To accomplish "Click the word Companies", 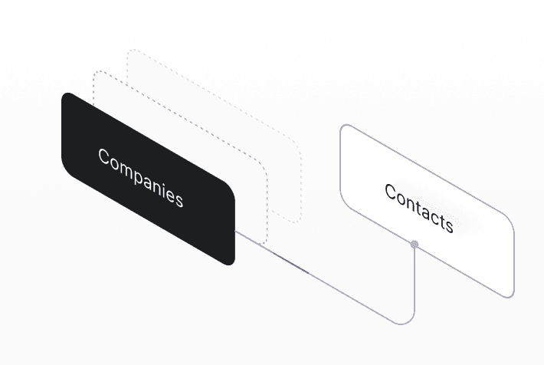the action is (x=140, y=177).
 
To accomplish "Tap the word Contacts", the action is (x=419, y=208).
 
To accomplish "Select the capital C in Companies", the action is (x=104, y=156).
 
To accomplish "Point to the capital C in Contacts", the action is (x=391, y=192).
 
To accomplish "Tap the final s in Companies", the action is (x=179, y=200).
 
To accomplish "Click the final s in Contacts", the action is (x=449, y=225).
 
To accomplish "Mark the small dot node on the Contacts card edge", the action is (x=415, y=244).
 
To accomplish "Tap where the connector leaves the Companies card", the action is (x=235, y=230).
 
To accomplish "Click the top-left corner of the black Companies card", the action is (x=66, y=95).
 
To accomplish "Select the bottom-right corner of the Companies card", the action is (x=231, y=261).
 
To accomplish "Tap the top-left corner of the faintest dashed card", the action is (x=130, y=52).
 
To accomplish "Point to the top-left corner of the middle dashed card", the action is (x=97, y=74).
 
